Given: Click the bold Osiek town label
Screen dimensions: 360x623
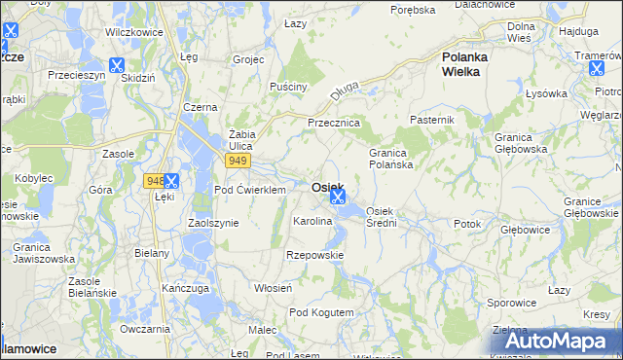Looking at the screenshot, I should click(326, 187).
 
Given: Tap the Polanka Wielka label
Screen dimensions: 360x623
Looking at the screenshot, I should click(464, 64).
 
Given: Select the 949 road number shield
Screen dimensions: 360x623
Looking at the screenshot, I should click(238, 160).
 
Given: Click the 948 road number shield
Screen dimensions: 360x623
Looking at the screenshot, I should click(153, 180).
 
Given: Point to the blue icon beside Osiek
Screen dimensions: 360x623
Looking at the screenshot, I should click(338, 197).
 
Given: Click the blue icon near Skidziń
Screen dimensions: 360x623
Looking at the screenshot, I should click(117, 66).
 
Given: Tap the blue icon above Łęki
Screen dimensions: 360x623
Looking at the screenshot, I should click(171, 180).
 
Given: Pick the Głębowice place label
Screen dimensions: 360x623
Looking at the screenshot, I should click(526, 231).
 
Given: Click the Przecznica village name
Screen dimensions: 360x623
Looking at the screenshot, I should click(334, 124).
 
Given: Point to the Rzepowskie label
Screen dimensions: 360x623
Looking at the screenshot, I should click(314, 255).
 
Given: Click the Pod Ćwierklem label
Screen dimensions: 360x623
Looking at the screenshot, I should click(249, 190).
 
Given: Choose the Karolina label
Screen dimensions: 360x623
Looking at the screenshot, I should click(313, 222).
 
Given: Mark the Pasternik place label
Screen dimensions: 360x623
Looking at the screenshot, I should click(433, 119).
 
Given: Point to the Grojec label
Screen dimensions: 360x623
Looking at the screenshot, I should click(249, 58).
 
